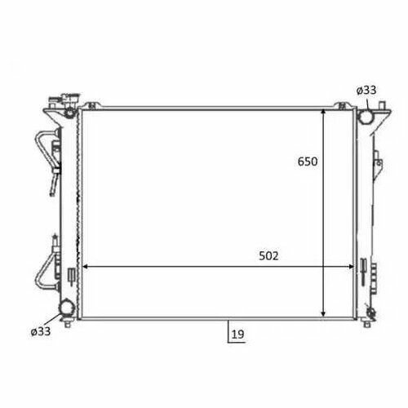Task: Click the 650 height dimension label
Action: pyautogui.click(x=308, y=162)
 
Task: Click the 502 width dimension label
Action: pyautogui.click(x=268, y=256)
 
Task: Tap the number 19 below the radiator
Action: pyautogui.click(x=237, y=335)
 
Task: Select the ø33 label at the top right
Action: pyautogui.click(x=366, y=91)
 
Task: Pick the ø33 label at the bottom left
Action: pyautogui.click(x=41, y=331)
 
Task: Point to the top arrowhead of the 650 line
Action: pyautogui.click(x=323, y=112)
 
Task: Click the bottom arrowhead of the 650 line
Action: pyautogui.click(x=323, y=314)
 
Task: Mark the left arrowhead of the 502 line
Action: pyautogui.click(x=85, y=267)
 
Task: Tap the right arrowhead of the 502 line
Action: pyautogui.click(x=351, y=267)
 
